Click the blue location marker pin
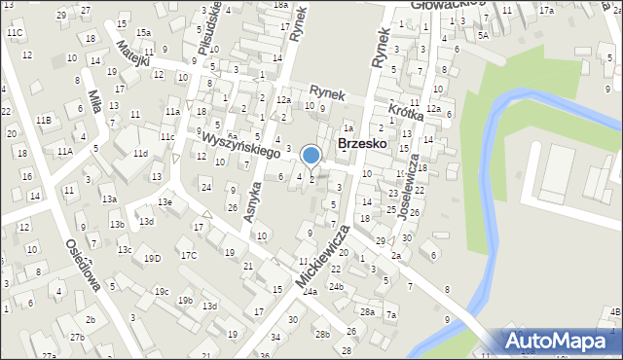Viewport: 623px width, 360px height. [311, 156]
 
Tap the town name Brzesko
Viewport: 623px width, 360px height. [362, 143]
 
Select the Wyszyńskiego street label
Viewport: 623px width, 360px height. [241, 146]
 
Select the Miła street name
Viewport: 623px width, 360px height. [94, 103]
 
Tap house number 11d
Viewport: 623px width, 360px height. [140, 154]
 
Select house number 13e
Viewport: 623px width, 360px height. [165, 201]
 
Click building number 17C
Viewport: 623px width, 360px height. [187, 255]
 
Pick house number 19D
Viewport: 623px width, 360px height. [152, 258]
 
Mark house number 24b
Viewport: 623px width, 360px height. [336, 286]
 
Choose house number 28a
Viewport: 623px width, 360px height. [367, 311]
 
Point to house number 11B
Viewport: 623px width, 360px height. [44, 120]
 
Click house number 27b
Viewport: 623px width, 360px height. [77, 337]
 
